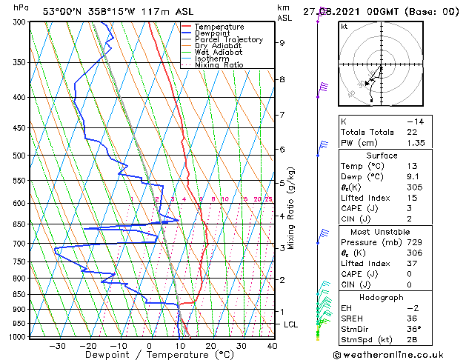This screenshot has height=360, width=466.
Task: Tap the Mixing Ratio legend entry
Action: [219, 65]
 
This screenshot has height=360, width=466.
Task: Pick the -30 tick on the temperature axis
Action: [56, 346]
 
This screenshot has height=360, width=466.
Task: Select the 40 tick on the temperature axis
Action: [272, 346]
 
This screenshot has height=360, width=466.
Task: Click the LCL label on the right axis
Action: [292, 324]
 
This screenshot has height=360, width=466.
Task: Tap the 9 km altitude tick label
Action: [282, 43]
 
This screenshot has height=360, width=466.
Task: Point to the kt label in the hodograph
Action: [344, 26]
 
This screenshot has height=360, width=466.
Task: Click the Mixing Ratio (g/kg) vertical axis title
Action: [291, 207]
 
